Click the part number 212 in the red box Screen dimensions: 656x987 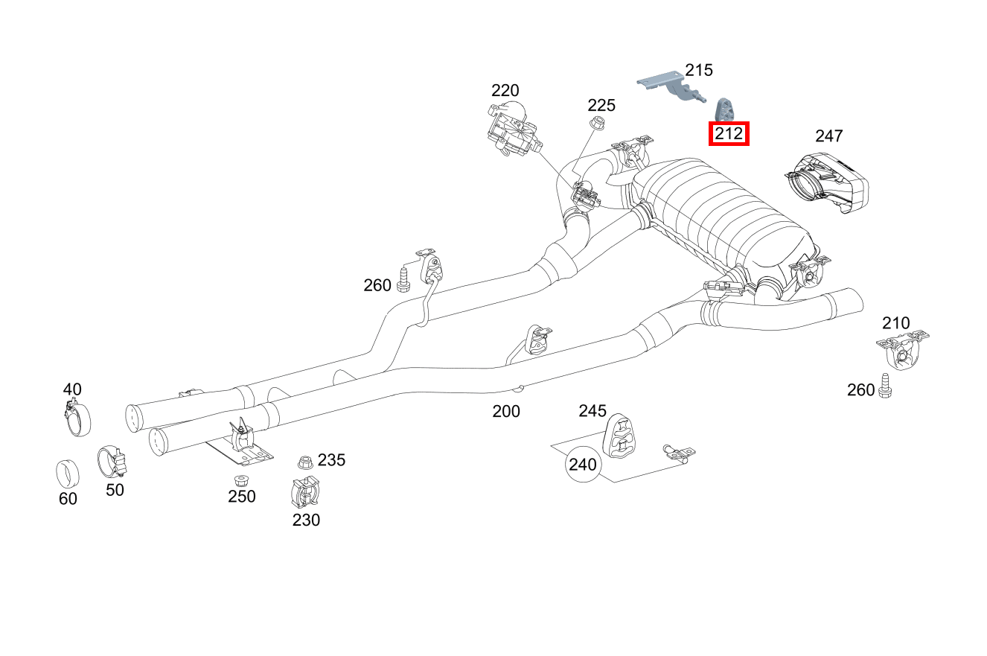[729, 134]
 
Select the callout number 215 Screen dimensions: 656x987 [699, 70]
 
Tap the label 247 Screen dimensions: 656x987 [828, 136]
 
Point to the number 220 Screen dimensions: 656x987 [505, 91]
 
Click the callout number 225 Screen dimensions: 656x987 [601, 105]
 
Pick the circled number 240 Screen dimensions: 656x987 [582, 465]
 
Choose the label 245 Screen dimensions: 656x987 [592, 411]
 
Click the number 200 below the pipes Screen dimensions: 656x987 [506, 411]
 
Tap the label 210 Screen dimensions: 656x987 [895, 323]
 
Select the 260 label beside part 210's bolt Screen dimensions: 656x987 [861, 389]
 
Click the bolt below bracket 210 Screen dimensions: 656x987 [885, 386]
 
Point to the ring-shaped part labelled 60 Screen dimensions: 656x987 [68, 471]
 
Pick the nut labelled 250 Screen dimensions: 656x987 [240, 480]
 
